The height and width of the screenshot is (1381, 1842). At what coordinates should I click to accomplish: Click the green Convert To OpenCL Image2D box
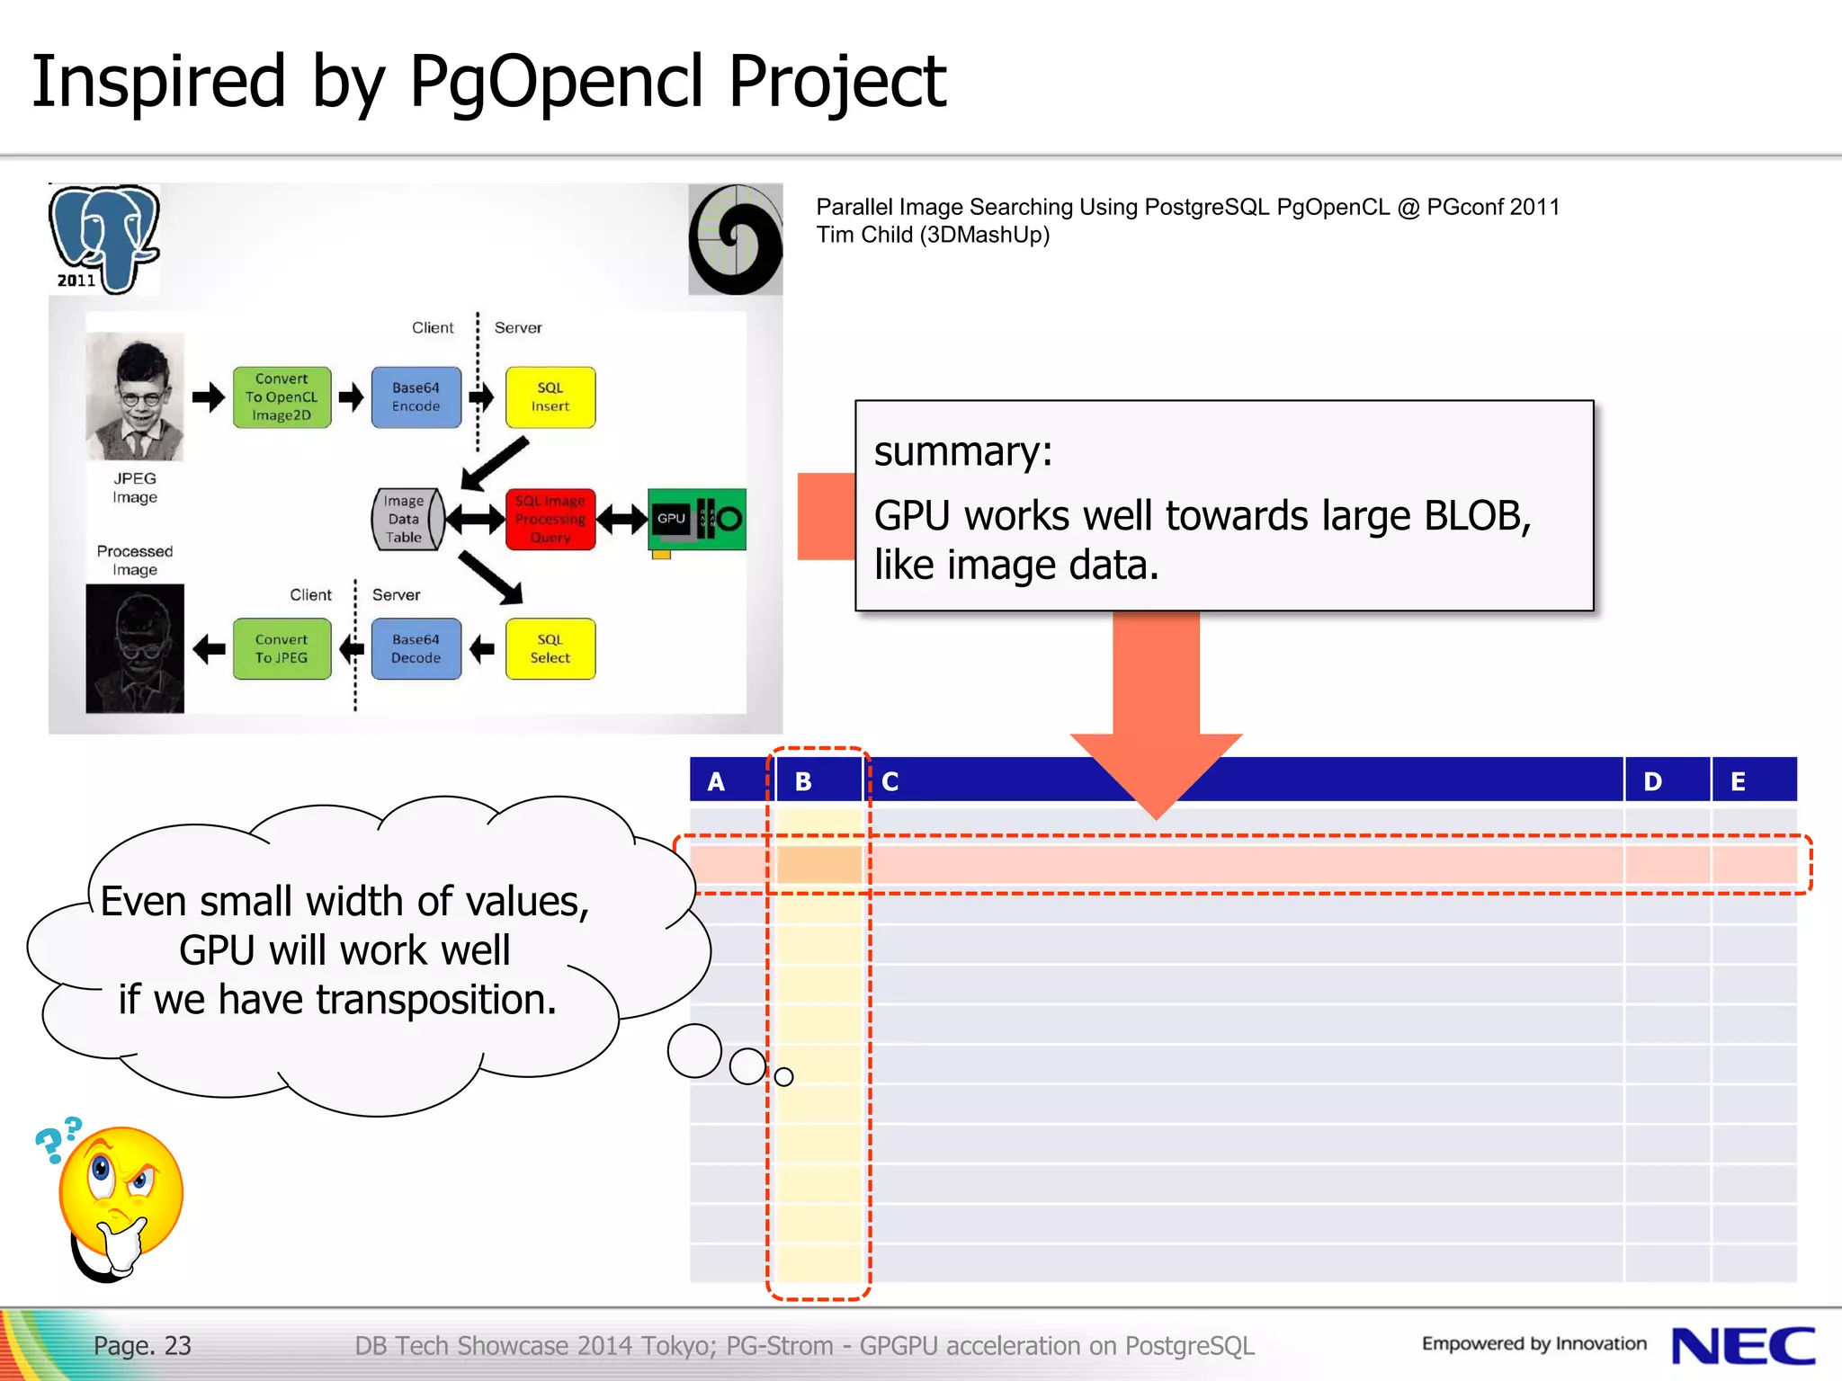click(x=282, y=396)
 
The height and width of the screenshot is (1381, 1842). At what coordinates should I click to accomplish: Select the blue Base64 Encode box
click(x=416, y=396)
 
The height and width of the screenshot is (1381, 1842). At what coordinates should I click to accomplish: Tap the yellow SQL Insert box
click(x=550, y=396)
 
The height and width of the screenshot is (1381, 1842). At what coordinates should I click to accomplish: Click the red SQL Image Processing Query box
click(x=550, y=519)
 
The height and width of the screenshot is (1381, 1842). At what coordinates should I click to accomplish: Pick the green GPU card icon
click(x=696, y=520)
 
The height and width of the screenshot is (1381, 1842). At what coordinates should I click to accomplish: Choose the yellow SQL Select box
click(x=550, y=648)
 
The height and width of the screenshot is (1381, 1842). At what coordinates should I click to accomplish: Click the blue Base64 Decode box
click(x=416, y=648)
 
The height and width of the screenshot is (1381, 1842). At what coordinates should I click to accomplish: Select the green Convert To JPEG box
click(x=282, y=648)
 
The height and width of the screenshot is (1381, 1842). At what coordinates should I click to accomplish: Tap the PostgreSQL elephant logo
click(x=104, y=238)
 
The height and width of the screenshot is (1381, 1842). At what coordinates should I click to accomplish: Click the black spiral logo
click(x=735, y=239)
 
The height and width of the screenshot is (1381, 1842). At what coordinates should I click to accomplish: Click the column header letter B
click(x=803, y=781)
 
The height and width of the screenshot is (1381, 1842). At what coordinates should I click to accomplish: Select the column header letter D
click(x=1652, y=781)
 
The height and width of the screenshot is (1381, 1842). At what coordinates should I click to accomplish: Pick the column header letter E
click(x=1738, y=781)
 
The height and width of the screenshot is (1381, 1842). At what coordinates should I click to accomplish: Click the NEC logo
click(x=1743, y=1346)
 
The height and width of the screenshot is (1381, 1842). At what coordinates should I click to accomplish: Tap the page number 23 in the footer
click(x=177, y=1346)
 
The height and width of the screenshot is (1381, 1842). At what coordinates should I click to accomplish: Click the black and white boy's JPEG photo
click(x=135, y=396)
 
